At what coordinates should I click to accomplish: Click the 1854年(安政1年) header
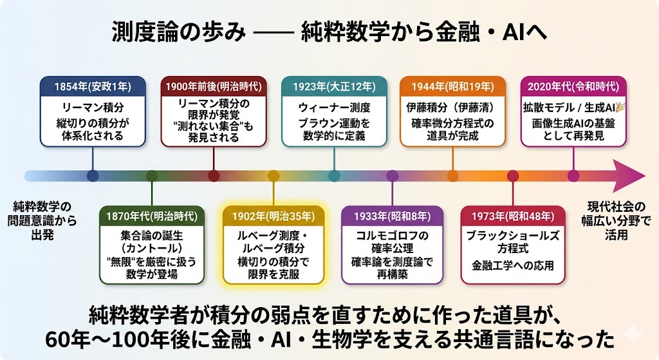point(93,87)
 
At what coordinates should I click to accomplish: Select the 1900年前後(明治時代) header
point(214,87)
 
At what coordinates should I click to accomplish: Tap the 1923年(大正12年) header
point(334,87)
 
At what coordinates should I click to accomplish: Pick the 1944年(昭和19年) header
point(452,87)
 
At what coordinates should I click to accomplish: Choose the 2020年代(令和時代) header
point(573,87)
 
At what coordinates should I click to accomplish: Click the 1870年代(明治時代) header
point(152,216)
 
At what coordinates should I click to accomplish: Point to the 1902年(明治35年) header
point(274,216)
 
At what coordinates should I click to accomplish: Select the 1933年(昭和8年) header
point(392,216)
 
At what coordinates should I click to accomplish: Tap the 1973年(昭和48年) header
point(513,216)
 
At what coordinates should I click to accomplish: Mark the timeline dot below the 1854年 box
point(93,176)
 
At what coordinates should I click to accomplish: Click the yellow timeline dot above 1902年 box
point(274,176)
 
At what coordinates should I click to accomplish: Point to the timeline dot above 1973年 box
point(513,176)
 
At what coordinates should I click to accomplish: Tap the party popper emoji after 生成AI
point(620,108)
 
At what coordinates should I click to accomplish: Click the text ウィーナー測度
point(334,108)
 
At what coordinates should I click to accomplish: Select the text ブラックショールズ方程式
point(513,242)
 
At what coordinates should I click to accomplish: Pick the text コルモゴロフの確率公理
point(392,242)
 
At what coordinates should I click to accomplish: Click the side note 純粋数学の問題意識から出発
point(42,221)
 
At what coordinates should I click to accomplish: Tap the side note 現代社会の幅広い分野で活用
point(616,221)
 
